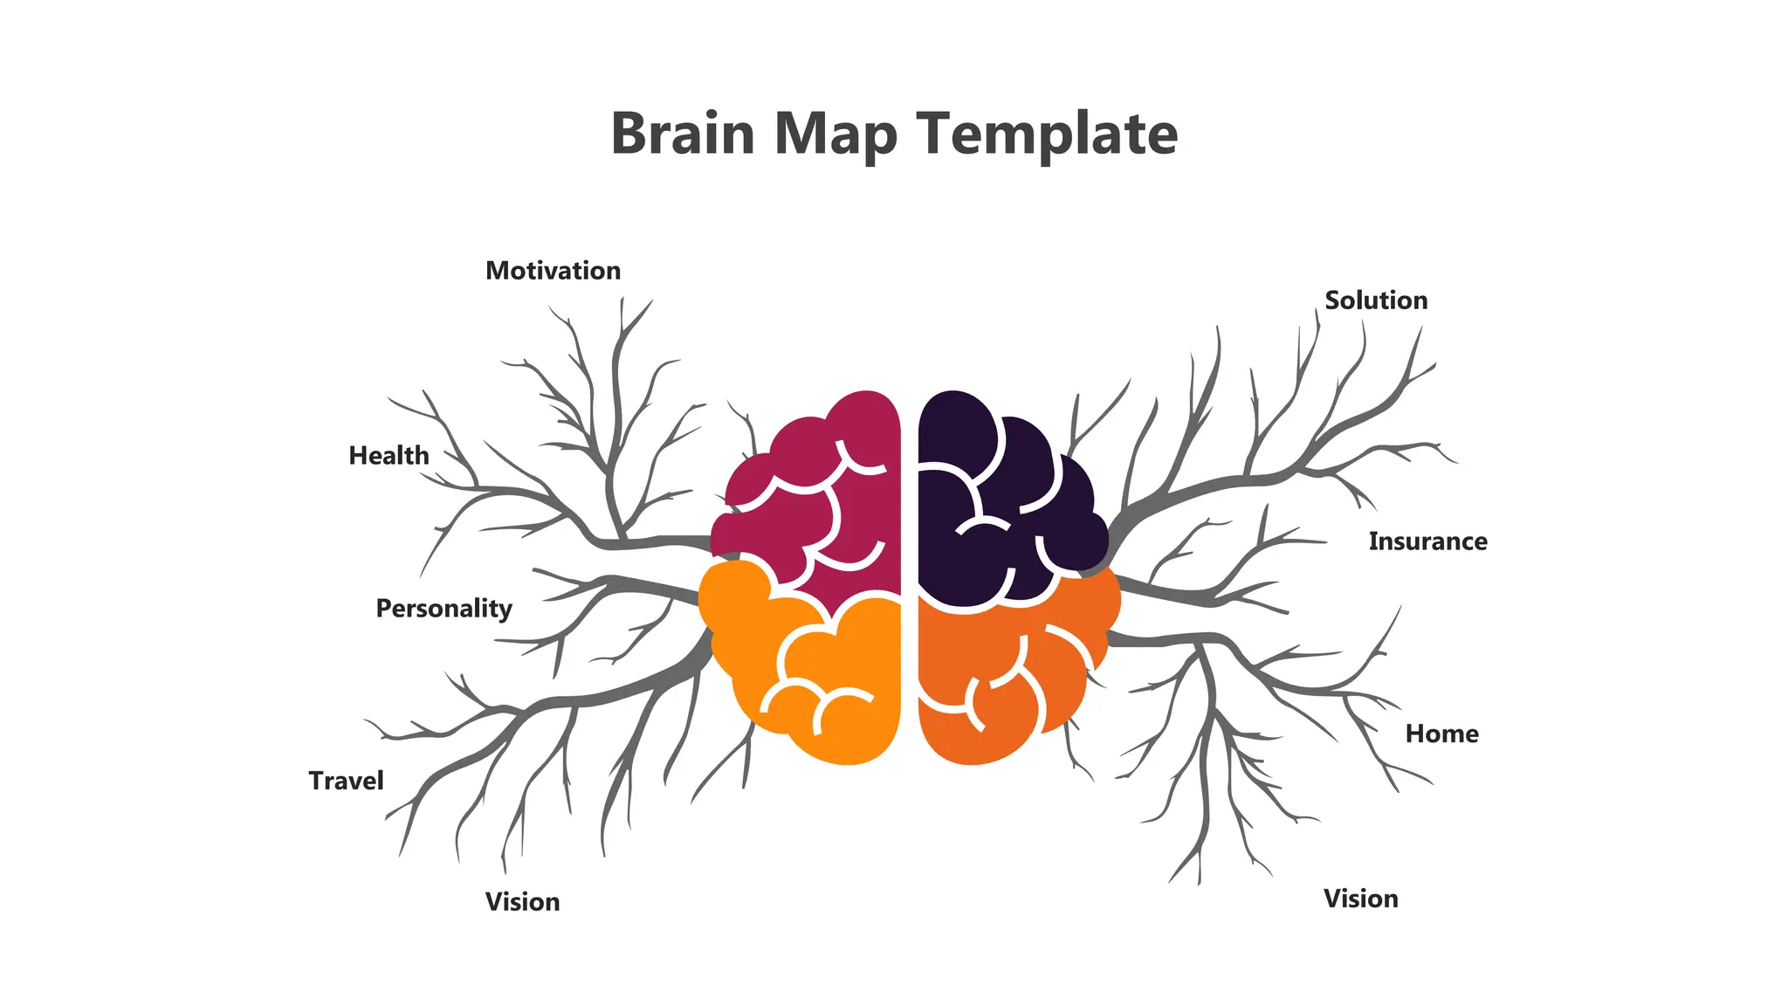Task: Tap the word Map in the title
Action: coord(836,135)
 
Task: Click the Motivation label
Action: coord(553,271)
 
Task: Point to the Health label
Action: coord(389,456)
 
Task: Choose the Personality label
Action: coord(444,609)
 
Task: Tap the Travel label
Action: coord(346,781)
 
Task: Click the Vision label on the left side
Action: coord(522,902)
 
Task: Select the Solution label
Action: coord(1376,300)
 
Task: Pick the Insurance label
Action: coord(1427,541)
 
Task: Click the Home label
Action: coord(1441,734)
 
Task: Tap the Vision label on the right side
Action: coord(1360,899)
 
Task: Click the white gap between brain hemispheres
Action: coord(909,576)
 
